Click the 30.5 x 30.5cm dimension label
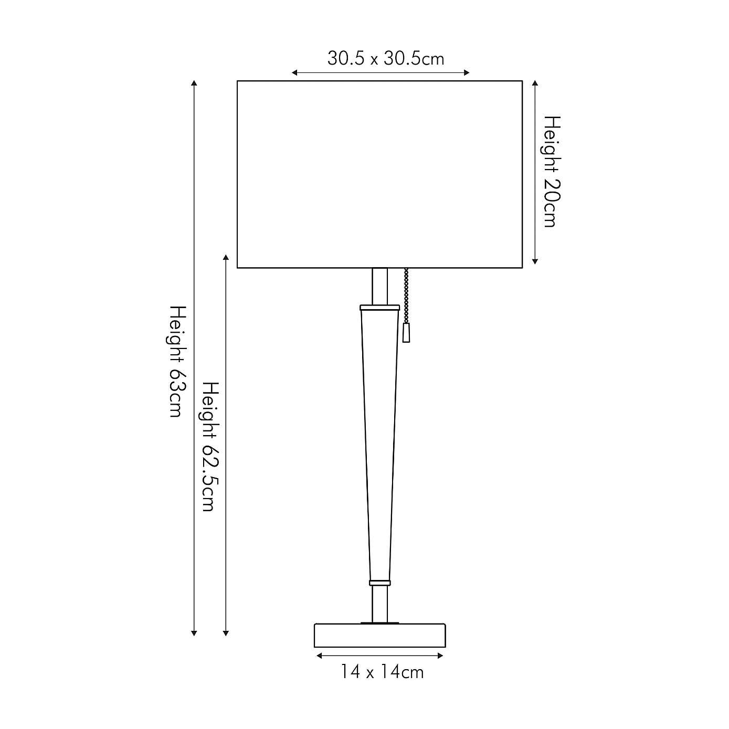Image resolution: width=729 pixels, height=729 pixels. [386, 58]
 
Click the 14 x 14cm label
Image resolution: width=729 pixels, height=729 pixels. [382, 672]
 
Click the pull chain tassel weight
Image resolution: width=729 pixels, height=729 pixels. [406, 333]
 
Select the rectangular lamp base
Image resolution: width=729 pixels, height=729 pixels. [379, 636]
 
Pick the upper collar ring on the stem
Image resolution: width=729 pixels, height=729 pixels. [379, 308]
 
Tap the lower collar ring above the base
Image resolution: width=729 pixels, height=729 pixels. [379, 583]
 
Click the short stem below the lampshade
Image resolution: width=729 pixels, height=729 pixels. [379, 286]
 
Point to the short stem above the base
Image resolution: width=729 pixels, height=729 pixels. [379, 604]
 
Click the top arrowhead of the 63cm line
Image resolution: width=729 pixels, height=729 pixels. [194, 83]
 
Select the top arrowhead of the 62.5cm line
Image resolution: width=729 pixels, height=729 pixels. [226, 258]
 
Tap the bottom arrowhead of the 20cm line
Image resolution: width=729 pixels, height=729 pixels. [535, 261]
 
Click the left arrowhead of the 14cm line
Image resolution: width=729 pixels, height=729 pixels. [319, 656]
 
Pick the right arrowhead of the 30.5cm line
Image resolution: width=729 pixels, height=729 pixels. [467, 73]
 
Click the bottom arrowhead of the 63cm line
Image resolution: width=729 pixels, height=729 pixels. [194, 633]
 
